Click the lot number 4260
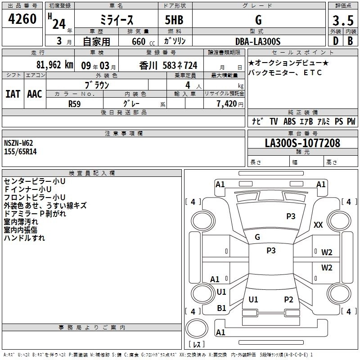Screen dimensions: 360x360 [x=22, y=20]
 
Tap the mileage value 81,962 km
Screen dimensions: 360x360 [x=54, y=64]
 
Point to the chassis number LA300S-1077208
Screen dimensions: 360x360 [x=302, y=143]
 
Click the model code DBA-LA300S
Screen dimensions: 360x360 [x=258, y=41]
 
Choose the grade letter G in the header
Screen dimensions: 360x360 [x=258, y=20]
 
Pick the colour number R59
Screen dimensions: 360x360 [x=75, y=103]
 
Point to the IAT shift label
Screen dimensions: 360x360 [x=13, y=94]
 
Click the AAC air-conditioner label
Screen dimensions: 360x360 [x=35, y=94]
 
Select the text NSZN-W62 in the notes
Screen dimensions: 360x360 [x=18, y=143]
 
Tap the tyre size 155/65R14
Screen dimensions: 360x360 [x=21, y=152]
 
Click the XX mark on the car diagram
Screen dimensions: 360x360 [x=318, y=225]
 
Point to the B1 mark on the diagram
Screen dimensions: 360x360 [x=221, y=308]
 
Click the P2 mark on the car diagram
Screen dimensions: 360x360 [x=288, y=300]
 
